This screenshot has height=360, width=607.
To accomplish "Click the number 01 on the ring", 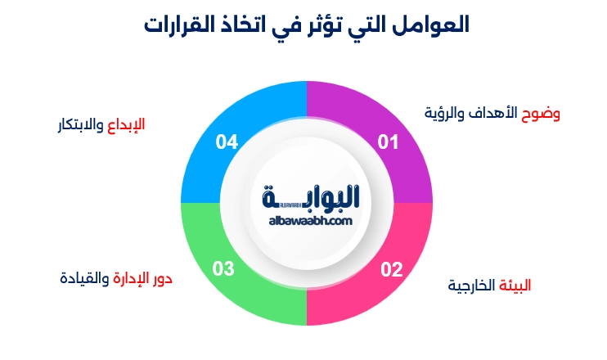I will click(x=387, y=142).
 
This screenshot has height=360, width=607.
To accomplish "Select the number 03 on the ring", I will click(x=224, y=268).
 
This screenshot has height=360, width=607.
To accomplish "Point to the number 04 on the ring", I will click(x=227, y=142).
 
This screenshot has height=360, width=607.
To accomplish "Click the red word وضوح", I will click(x=541, y=112).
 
